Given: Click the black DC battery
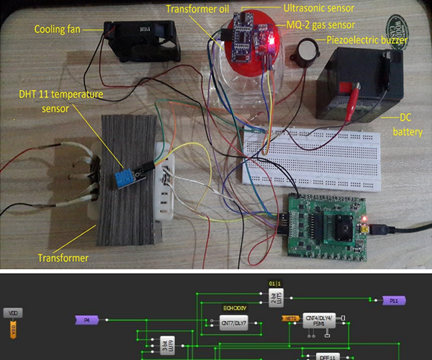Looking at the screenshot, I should (356, 83).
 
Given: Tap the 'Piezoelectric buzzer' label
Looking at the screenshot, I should (368, 40).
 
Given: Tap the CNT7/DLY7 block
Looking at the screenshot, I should (233, 323).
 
